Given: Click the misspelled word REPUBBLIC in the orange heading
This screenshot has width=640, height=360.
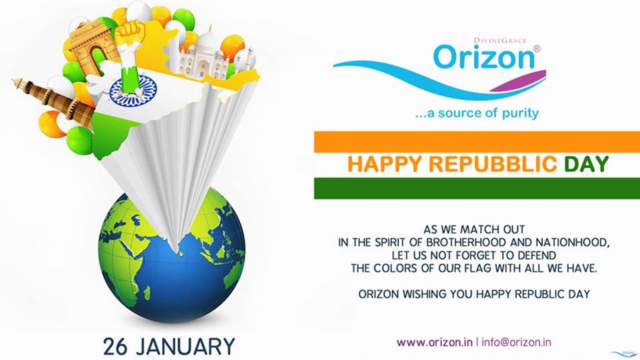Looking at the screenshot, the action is pos(493,164).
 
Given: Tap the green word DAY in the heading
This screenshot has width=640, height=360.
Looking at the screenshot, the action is pos(586,164).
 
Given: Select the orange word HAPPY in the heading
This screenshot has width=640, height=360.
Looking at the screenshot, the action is pos(384,164).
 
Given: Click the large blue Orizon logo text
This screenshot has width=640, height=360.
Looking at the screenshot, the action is pos(483,57).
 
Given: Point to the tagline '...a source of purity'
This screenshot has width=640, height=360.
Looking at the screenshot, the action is pos(477,113).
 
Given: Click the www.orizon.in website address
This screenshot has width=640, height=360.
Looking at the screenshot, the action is pos(434,342).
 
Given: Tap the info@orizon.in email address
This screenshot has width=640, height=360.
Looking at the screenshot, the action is pos(516,342).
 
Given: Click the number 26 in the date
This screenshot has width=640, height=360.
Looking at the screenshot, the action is pos(115,347).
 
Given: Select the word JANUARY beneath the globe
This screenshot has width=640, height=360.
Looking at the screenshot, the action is pos(185,347).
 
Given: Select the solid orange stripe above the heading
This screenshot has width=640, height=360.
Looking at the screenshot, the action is pos(477,142).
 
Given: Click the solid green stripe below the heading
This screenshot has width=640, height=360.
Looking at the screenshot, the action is pos(477,188).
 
